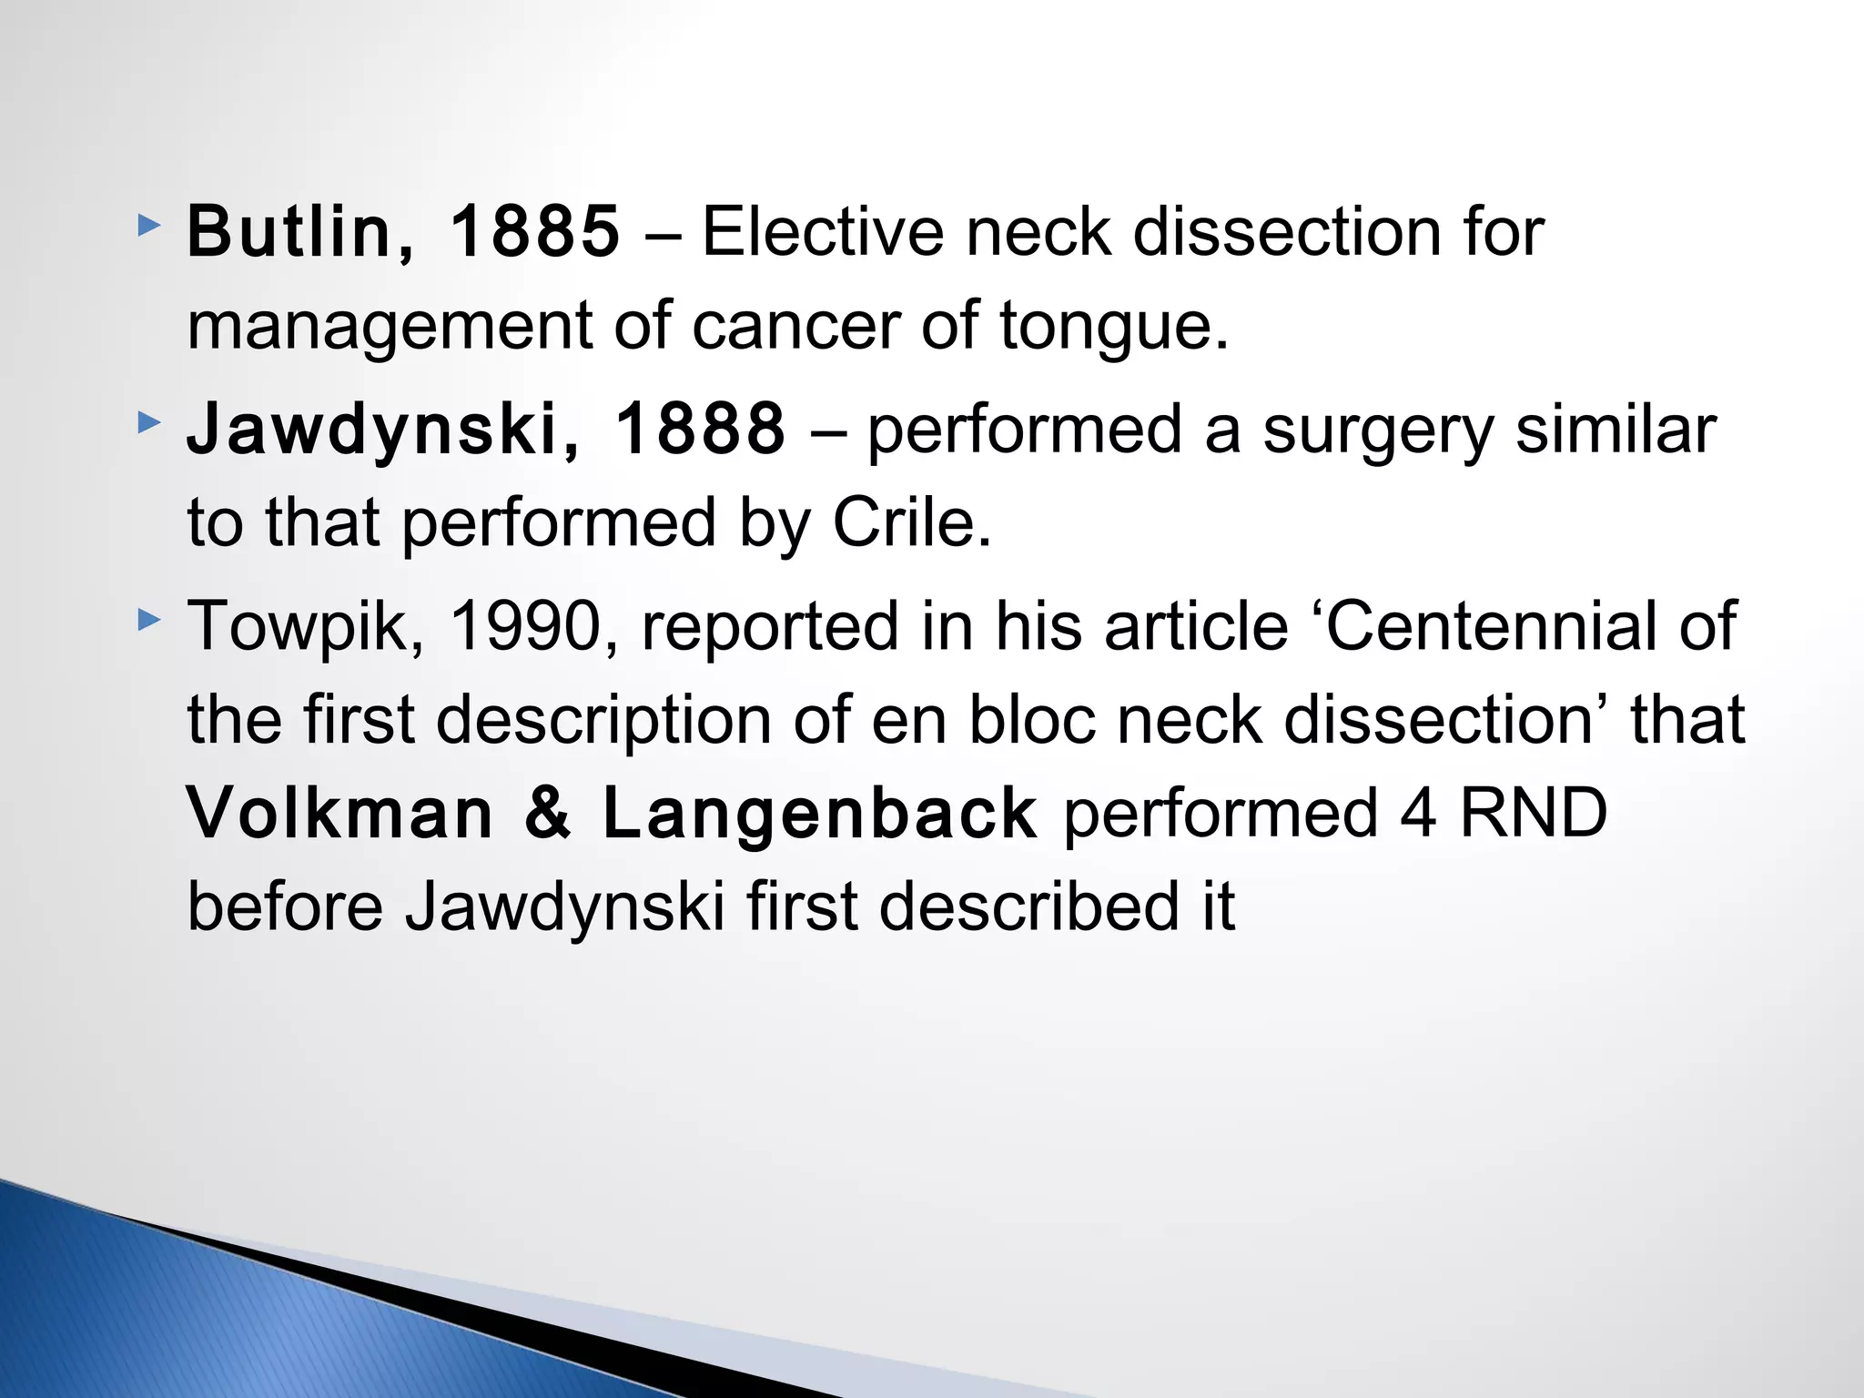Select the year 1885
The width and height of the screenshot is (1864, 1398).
click(535, 232)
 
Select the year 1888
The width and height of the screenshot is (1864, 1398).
click(699, 430)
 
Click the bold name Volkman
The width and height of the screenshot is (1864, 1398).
click(339, 813)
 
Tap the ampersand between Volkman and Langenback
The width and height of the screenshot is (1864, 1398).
click(548, 813)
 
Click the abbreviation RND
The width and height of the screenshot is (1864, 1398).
click(1533, 813)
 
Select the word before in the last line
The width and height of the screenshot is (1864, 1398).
click(285, 907)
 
